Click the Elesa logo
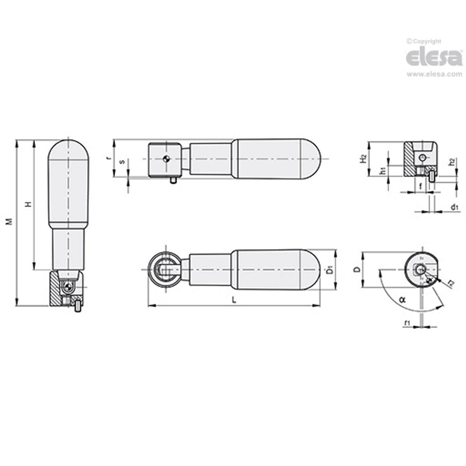pos(434,57)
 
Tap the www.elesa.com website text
pos(435,74)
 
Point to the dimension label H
pos(28,205)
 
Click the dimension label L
pos(234,300)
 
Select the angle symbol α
pos(402,299)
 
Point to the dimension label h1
pos(382,172)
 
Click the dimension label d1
pos(455,208)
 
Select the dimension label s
pos(122,162)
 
